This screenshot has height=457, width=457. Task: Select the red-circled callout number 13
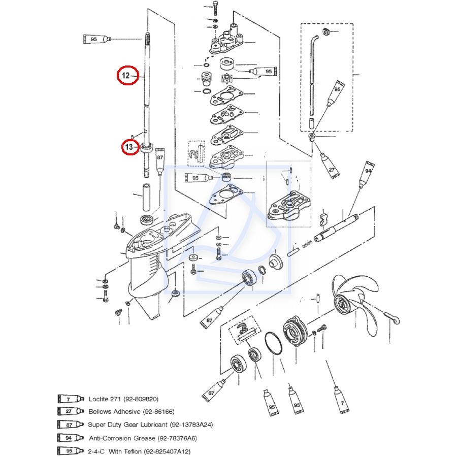(129, 147)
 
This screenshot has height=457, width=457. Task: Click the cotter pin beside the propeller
(391, 318)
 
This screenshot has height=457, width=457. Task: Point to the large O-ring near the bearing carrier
(274, 343)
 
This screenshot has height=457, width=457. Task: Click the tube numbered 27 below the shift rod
(330, 165)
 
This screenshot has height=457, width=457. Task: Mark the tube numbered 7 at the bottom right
(342, 400)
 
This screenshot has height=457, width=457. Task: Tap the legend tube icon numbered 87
(71, 425)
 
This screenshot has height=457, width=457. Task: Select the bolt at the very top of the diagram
(215, 8)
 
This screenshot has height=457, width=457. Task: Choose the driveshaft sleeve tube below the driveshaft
(146, 197)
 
